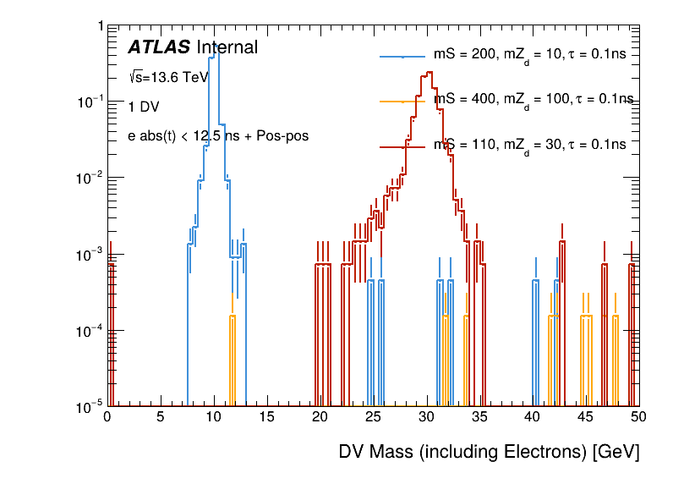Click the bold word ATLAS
point(159,48)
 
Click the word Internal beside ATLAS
point(227,48)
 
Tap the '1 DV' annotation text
point(143,107)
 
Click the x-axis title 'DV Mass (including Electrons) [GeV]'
point(489,452)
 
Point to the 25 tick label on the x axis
point(373,417)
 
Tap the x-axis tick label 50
point(638,417)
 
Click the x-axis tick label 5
point(161,417)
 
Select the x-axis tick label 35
point(479,417)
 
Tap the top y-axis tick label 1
point(100,27)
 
